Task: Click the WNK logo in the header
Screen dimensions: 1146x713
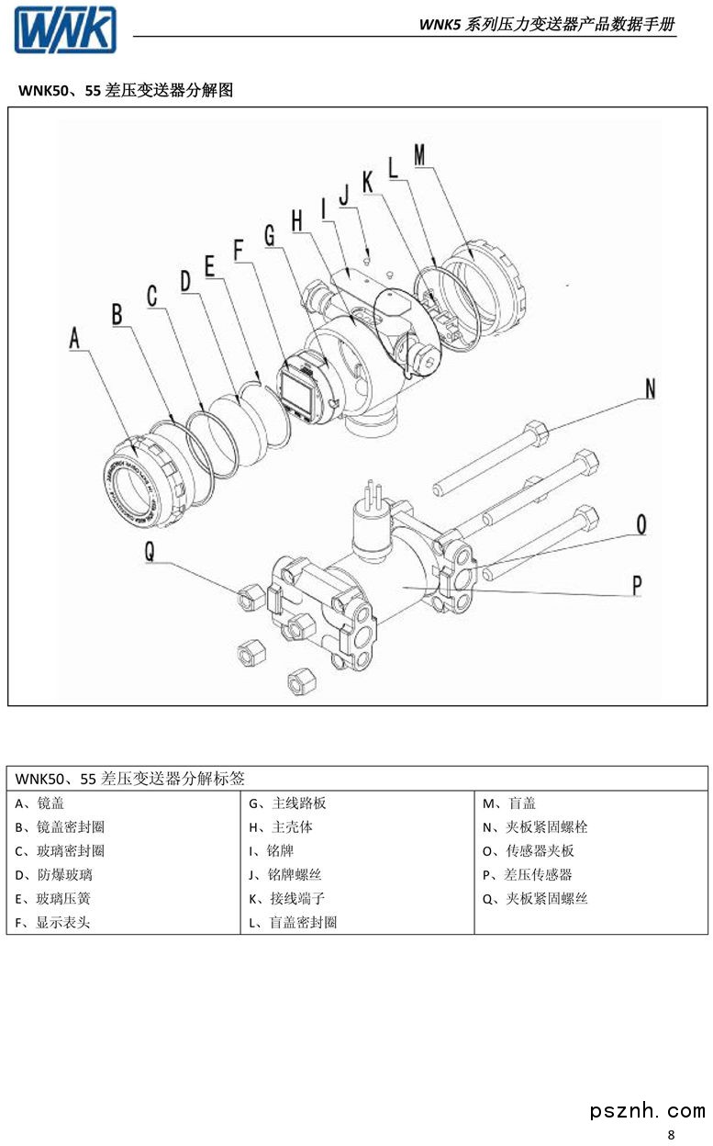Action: (x=65, y=29)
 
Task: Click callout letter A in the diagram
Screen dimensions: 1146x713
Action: (x=76, y=338)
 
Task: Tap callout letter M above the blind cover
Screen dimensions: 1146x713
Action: (x=419, y=156)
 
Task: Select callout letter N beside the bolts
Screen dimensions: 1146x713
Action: (x=650, y=388)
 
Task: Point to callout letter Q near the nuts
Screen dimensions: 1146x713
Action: (x=150, y=551)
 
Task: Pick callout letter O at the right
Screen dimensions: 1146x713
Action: (x=641, y=524)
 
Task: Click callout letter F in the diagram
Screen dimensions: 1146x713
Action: (x=240, y=250)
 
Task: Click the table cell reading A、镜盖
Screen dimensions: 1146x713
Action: (x=40, y=803)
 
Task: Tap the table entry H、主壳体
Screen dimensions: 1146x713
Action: (x=280, y=827)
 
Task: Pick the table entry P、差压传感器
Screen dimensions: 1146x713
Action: (x=527, y=875)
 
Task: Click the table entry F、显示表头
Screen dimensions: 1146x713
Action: (x=53, y=922)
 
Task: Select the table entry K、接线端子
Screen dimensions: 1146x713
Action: (x=286, y=898)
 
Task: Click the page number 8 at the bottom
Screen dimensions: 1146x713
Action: (x=671, y=1135)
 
